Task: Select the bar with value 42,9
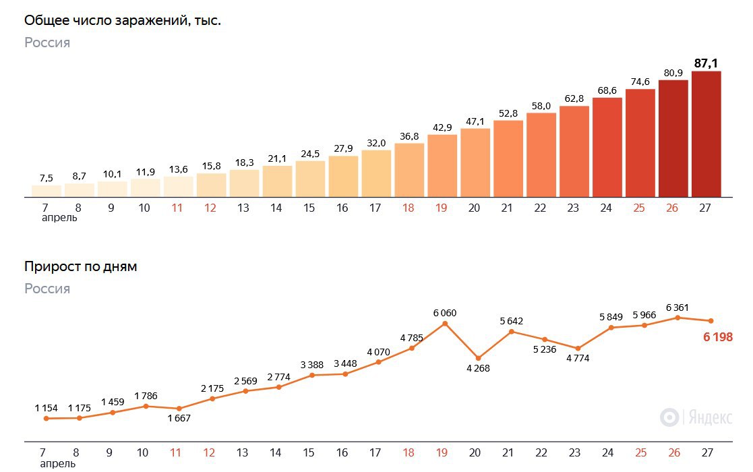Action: tap(442, 165)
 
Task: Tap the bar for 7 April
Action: tap(46, 191)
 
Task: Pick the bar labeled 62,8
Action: tap(574, 151)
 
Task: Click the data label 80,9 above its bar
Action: tap(673, 72)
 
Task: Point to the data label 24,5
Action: tap(309, 153)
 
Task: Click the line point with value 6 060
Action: tap(445, 324)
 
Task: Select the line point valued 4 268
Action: tap(478, 358)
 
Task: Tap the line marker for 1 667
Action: tap(179, 409)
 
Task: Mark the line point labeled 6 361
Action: tap(677, 317)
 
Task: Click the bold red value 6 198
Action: tap(717, 337)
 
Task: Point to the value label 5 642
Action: tap(511, 321)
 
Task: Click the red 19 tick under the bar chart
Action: tap(441, 208)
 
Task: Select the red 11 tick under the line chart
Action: tap(176, 453)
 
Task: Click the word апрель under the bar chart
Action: tap(59, 218)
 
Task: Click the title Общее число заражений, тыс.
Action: tap(123, 21)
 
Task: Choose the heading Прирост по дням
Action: tap(80, 267)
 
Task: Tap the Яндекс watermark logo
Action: tap(696, 417)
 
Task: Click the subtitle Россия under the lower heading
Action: tap(47, 289)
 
